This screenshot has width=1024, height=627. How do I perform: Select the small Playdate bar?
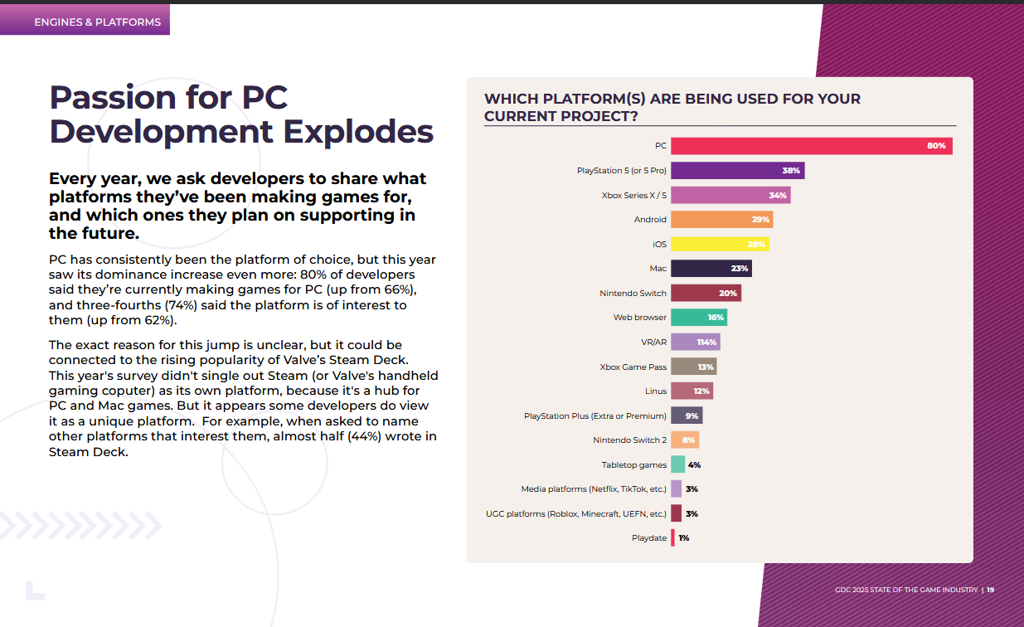click(672, 538)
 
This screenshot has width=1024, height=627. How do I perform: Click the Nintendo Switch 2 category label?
click(629, 440)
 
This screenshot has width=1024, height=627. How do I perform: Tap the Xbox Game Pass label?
click(633, 367)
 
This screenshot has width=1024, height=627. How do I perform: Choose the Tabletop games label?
click(633, 465)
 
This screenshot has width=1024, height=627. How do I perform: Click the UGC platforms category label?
click(575, 514)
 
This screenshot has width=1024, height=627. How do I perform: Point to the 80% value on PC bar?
click(936, 146)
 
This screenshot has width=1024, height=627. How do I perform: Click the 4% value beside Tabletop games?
click(694, 465)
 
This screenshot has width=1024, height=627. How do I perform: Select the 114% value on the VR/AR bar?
click(707, 343)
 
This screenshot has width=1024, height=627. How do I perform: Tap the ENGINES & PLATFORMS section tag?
click(97, 22)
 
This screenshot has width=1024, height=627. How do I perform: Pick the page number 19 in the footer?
click(990, 591)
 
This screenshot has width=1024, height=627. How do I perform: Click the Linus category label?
click(655, 391)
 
